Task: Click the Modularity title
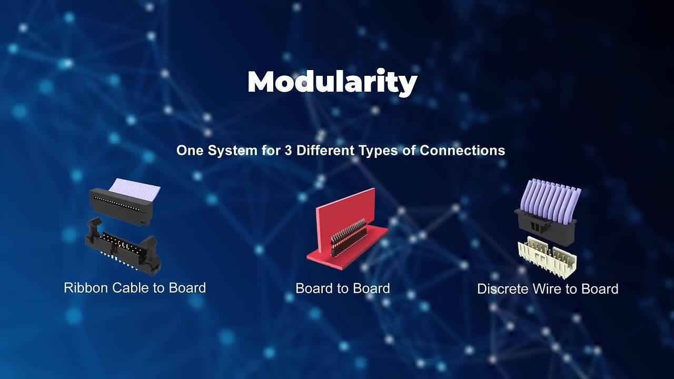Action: [x=332, y=82]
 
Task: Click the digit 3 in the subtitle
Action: [x=290, y=151]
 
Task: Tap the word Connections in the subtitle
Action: [x=462, y=151]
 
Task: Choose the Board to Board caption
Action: [x=342, y=288]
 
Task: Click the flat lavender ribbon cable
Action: [x=136, y=187]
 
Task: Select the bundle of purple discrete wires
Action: [x=549, y=197]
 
